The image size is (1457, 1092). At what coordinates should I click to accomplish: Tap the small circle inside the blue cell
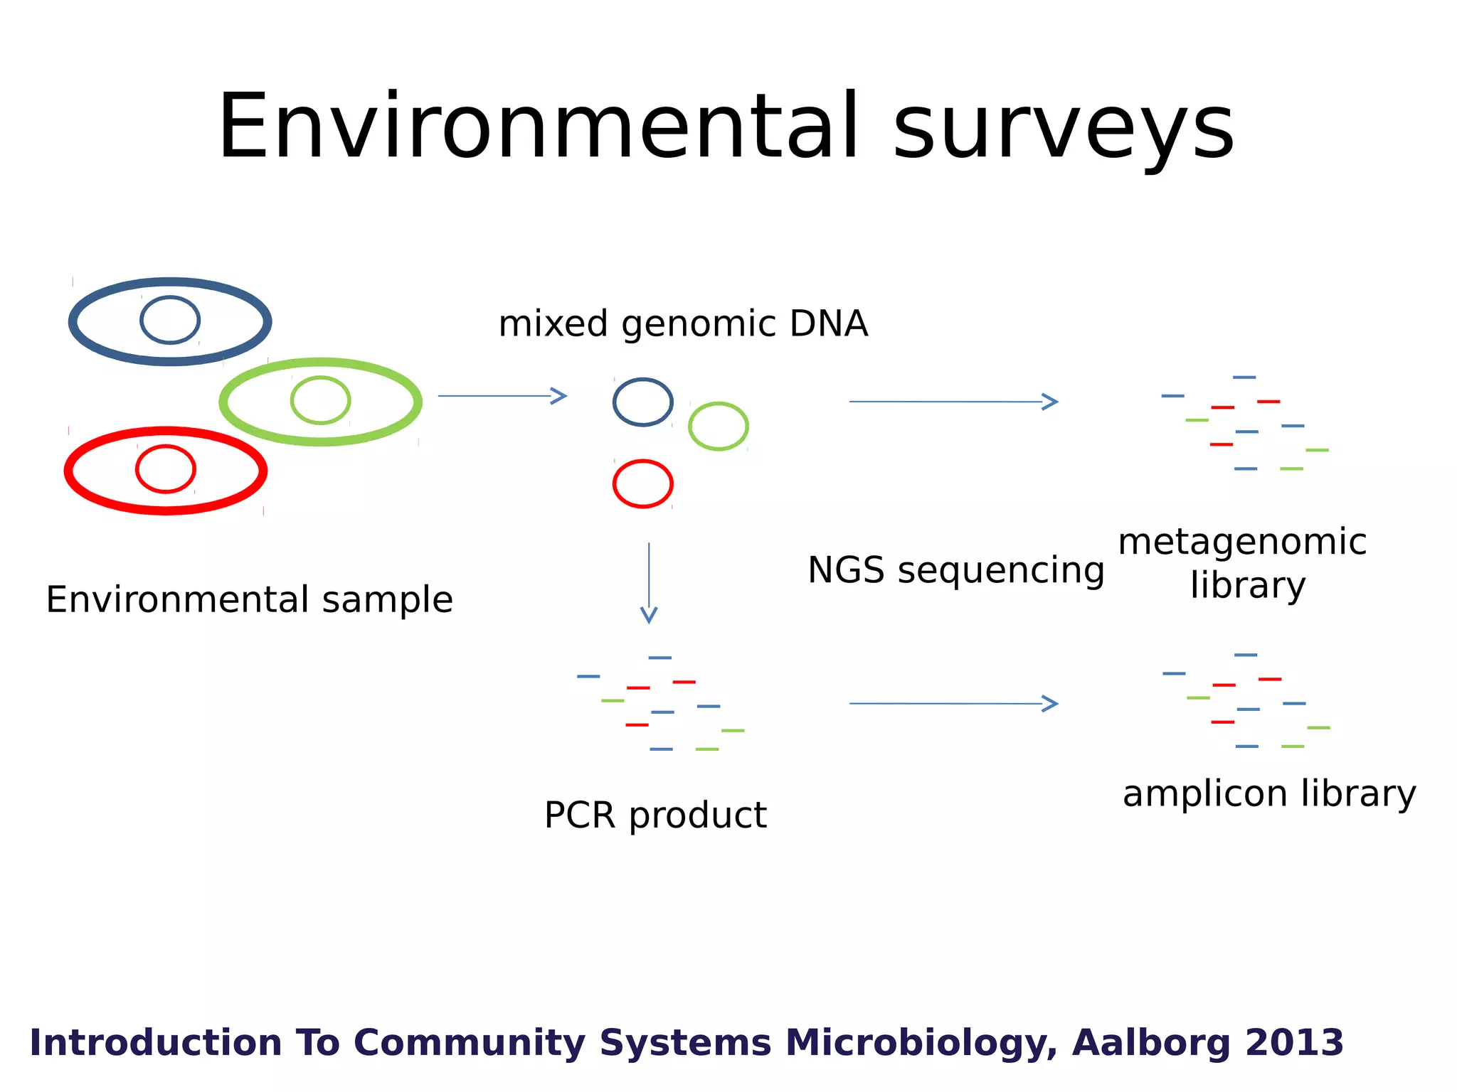(x=170, y=320)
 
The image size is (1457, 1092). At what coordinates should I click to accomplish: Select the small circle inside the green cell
(x=320, y=400)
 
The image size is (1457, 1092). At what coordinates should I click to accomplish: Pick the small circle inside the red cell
(x=166, y=469)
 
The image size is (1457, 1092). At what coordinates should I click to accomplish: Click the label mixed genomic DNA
(x=683, y=324)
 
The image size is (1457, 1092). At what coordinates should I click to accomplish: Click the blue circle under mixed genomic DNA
(x=643, y=402)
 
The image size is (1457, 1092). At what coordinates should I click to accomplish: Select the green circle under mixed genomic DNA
(x=719, y=427)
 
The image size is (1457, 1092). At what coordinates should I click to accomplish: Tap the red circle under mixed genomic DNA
(x=643, y=484)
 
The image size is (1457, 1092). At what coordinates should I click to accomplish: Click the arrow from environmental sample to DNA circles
(x=502, y=396)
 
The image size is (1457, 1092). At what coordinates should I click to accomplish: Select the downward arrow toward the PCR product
(x=649, y=583)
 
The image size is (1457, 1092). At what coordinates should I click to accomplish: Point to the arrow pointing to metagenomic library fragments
(x=953, y=402)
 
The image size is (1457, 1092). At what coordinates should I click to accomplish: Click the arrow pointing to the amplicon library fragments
(x=953, y=704)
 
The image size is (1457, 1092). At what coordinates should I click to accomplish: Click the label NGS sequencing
(x=956, y=571)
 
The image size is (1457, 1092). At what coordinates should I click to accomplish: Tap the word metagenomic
(x=1242, y=542)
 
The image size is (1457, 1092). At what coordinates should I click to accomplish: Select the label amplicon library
(x=1269, y=794)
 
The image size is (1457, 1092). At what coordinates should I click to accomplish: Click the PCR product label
(x=655, y=815)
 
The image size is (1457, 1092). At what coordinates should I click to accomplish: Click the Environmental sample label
(x=249, y=600)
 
